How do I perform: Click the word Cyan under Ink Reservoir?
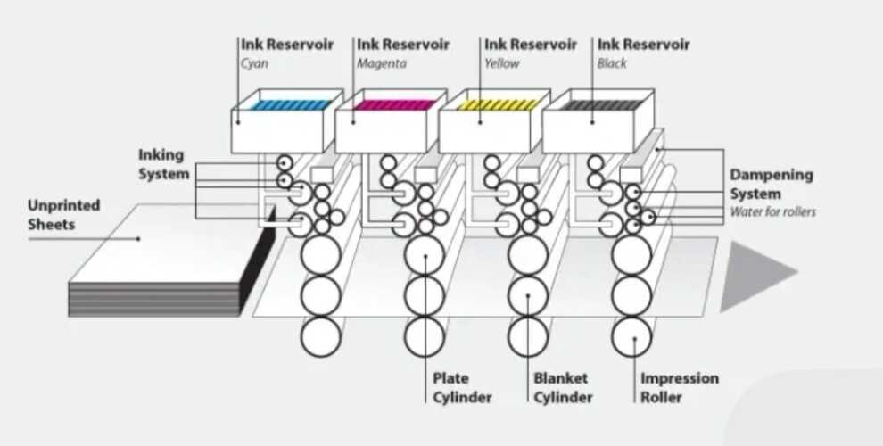click(x=254, y=63)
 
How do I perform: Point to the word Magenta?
click(x=382, y=63)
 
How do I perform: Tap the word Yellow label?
click(x=501, y=63)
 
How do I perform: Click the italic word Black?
click(x=612, y=63)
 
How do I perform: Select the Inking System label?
click(x=163, y=165)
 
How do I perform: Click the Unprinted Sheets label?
click(x=63, y=214)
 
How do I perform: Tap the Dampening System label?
click(x=772, y=184)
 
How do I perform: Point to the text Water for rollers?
click(x=772, y=212)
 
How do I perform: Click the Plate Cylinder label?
click(x=462, y=388)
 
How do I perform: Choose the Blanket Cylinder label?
click(x=563, y=388)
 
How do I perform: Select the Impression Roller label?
click(x=679, y=388)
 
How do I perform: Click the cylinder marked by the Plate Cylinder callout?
click(x=425, y=257)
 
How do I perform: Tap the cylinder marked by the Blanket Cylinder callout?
click(x=528, y=296)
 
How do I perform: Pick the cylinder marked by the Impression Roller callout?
click(x=631, y=336)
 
